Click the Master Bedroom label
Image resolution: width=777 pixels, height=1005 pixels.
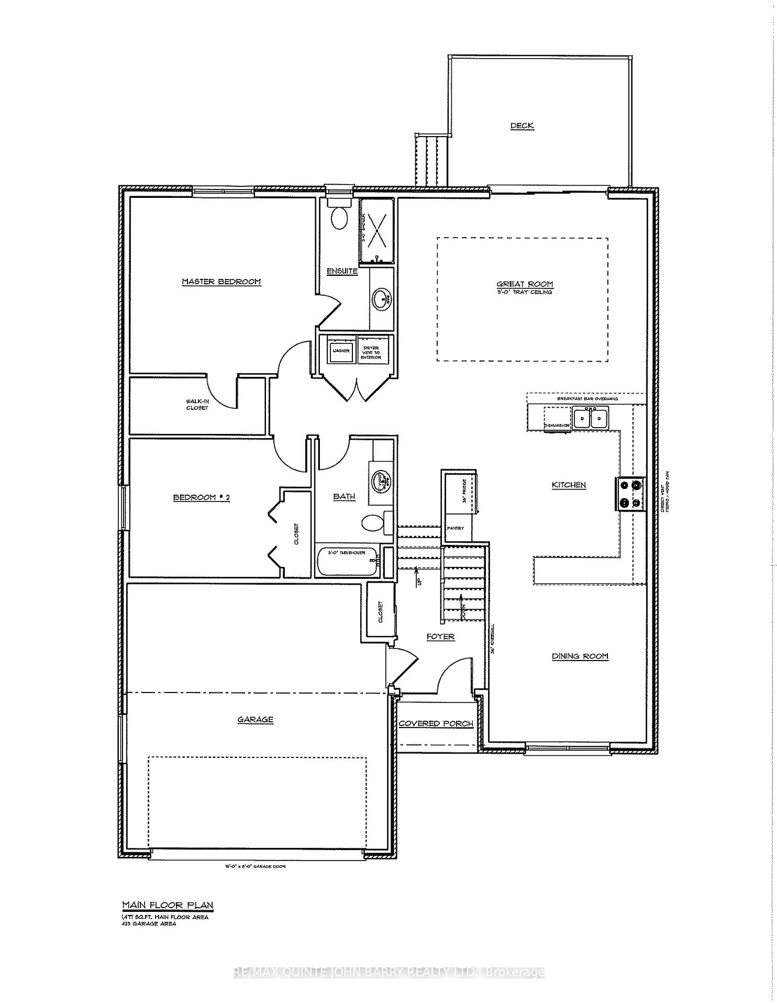(x=221, y=282)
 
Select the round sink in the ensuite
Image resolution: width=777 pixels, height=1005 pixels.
(x=381, y=299)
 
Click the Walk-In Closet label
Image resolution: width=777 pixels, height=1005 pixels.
(x=196, y=404)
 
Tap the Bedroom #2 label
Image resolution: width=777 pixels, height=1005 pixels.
(x=202, y=497)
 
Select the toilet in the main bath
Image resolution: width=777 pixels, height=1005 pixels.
(x=374, y=523)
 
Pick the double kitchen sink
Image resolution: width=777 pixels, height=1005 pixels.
(x=590, y=418)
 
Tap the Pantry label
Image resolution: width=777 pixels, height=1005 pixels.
(x=455, y=528)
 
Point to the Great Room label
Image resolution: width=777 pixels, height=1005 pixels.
(x=525, y=285)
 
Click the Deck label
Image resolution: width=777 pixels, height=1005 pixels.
(x=522, y=126)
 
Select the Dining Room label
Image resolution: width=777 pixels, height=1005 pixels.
(x=580, y=656)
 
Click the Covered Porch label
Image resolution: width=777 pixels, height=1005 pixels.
(x=436, y=723)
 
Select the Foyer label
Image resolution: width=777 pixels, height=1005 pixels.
(x=440, y=636)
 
